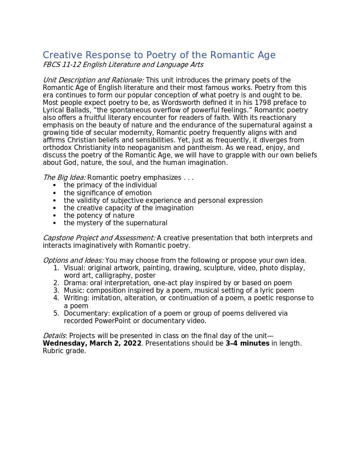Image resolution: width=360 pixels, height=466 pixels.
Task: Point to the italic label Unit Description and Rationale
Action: [93, 80]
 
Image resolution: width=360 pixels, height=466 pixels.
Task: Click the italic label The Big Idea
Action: [64, 178]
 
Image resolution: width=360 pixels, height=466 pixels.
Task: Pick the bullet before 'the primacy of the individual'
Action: [54, 186]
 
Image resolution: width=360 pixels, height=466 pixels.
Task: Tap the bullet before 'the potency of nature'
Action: [54, 216]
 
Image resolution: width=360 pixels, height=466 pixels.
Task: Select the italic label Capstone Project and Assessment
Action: [99, 238]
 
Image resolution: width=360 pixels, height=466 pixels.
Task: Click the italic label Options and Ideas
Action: [73, 261]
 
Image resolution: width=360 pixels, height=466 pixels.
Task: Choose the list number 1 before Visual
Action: [56, 268]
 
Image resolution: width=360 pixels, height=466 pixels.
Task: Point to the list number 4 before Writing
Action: [56, 298]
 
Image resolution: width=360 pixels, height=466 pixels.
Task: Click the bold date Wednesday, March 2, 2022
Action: [92, 343]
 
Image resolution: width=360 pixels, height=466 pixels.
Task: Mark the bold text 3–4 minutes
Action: [247, 343]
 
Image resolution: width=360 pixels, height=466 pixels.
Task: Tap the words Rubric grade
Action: [64, 351]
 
